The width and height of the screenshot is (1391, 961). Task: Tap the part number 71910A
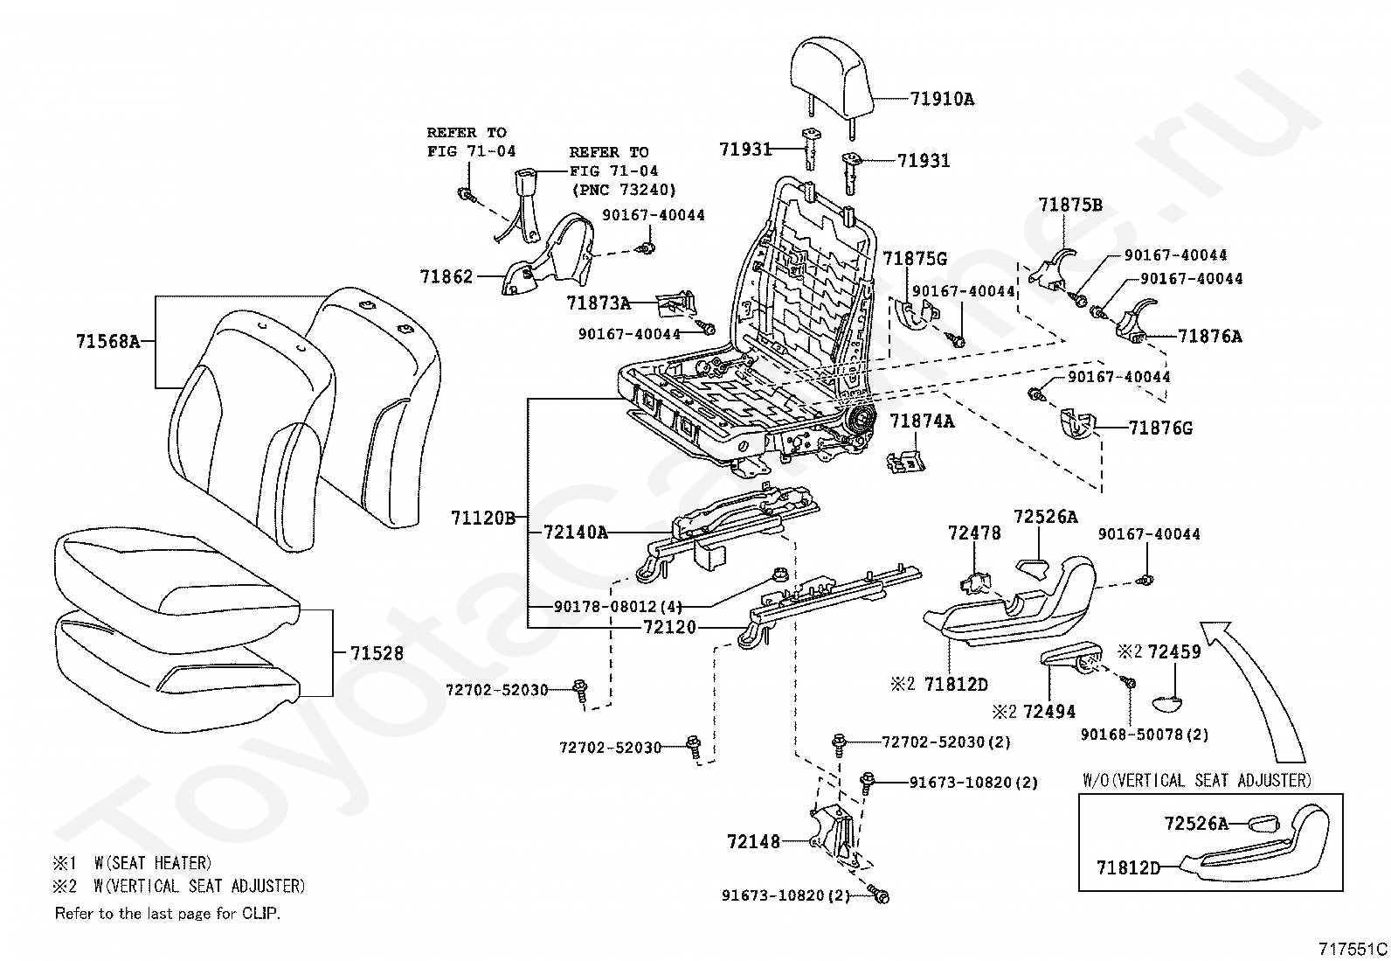point(942,99)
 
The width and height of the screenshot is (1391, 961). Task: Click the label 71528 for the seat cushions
point(377,653)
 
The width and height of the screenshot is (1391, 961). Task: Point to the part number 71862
point(446,277)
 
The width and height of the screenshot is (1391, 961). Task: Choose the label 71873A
point(598,303)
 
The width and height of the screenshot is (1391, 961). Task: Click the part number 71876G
point(1160,428)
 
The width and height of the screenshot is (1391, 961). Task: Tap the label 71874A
point(922,421)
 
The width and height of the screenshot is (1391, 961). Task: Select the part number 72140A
point(575,532)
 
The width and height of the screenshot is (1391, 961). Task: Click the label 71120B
point(483,518)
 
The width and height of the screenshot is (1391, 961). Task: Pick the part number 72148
point(753,841)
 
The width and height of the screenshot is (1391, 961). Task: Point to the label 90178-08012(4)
point(618,606)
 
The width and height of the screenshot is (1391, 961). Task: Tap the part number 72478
point(974,533)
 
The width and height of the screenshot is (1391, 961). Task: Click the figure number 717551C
point(1353,949)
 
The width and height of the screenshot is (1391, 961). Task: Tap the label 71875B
point(1070,205)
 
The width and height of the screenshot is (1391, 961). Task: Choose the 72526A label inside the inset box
point(1195,823)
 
